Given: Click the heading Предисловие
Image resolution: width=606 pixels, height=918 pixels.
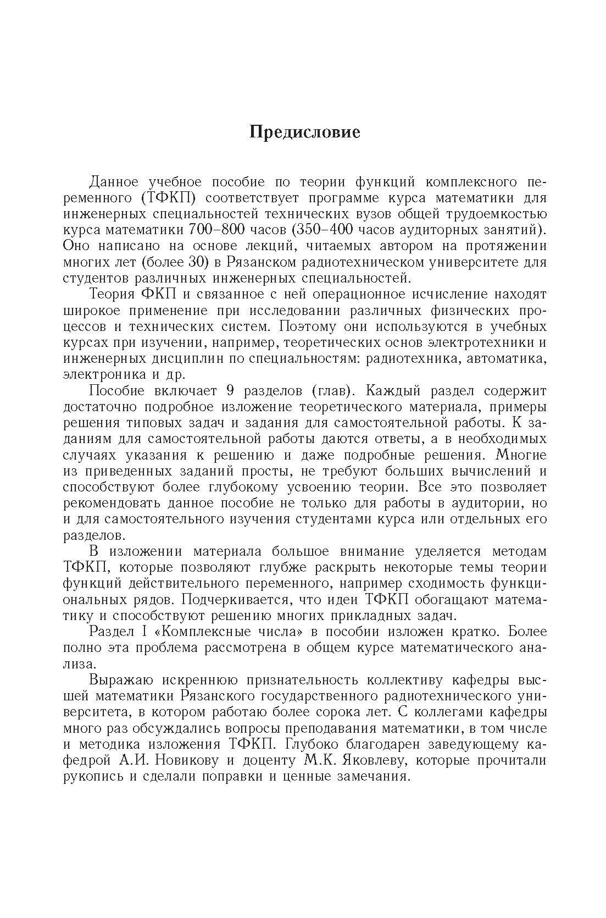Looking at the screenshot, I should click(x=305, y=132).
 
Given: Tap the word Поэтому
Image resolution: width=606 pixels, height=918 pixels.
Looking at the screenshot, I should click(x=308, y=326).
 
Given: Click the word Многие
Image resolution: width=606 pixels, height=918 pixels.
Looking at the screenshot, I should click(x=520, y=455).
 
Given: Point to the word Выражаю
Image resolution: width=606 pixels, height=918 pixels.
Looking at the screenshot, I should click(x=124, y=679).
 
